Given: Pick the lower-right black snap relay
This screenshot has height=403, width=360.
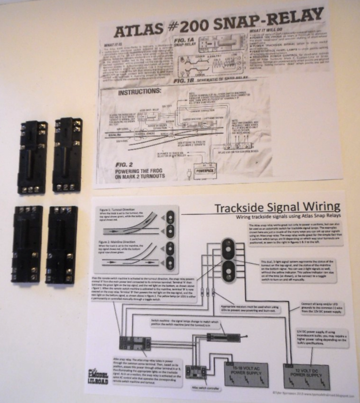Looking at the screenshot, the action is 62,244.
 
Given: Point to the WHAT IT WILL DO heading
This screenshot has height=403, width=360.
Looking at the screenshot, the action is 270,31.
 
